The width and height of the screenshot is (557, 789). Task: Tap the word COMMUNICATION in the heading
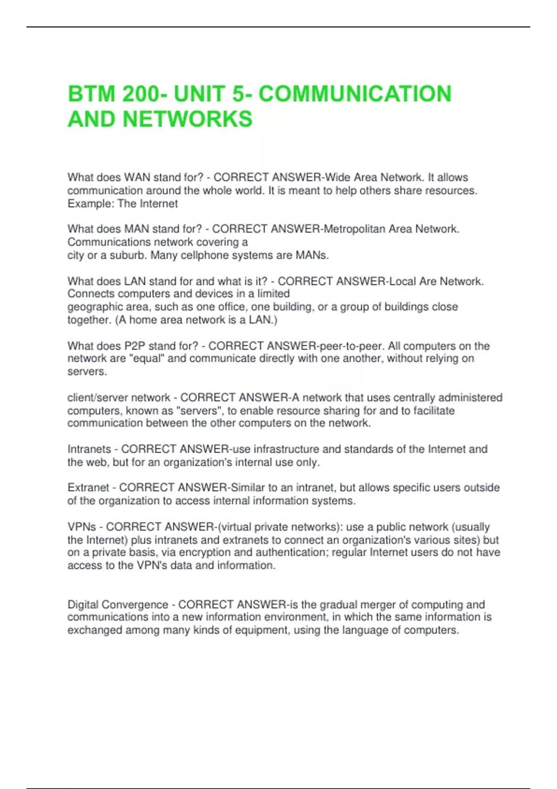pyautogui.click(x=355, y=94)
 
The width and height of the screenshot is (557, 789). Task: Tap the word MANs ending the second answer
pyautogui.click(x=313, y=255)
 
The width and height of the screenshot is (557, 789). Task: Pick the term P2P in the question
pyautogui.click(x=135, y=346)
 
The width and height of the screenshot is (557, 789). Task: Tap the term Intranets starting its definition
pyautogui.click(x=89, y=449)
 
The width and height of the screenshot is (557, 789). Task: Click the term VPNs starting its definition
pyautogui.click(x=82, y=527)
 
